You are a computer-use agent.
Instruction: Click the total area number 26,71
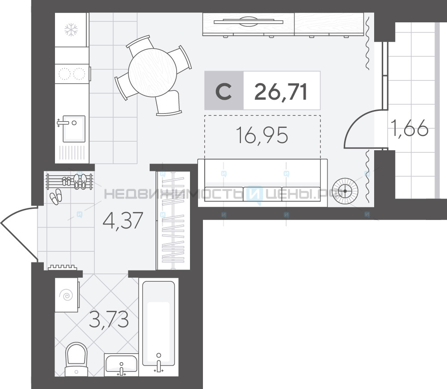[x=281, y=92]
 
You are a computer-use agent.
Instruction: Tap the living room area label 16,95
[x=262, y=135]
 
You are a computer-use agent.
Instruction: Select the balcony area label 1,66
[x=409, y=128]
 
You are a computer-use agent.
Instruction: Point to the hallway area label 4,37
[x=123, y=220]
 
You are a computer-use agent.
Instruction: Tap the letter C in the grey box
[x=223, y=92]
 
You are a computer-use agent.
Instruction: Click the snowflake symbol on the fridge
[x=71, y=30]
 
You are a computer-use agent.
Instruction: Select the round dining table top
[x=152, y=72]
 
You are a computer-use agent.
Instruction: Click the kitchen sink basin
[x=74, y=128]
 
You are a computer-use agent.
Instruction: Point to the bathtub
[x=159, y=323]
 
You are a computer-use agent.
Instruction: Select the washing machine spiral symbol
[x=67, y=295]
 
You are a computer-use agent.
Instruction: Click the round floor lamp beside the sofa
[x=345, y=191]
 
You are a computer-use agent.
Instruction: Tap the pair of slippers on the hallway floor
[x=55, y=196]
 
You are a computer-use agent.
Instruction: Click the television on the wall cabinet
[x=248, y=21]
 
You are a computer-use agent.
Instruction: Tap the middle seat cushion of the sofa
[x=262, y=194]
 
